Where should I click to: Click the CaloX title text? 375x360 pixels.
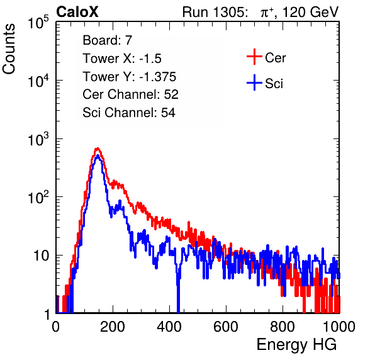pos(77,12)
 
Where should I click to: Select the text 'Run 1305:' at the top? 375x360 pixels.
pos(215,12)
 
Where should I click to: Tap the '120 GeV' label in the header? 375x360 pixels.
pos(311,12)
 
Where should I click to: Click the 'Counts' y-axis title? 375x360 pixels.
pos(9,49)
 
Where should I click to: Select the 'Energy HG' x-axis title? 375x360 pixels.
pos(296,345)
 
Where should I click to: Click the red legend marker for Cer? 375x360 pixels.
pos(254,57)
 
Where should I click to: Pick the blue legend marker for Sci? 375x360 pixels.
pos(254,82)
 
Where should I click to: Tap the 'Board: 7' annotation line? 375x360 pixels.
pos(108,40)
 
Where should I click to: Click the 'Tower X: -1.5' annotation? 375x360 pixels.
pos(122,59)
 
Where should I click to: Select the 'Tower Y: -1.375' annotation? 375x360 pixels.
pos(130,77)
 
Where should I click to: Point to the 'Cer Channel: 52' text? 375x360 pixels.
pos(131,94)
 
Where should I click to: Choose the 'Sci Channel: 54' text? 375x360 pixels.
pos(129,113)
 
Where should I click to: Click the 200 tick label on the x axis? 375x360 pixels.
pos(113,327)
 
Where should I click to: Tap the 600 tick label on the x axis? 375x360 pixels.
pos(226,327)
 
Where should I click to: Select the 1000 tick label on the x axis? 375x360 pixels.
pos(339,327)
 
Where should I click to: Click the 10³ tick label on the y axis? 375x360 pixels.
pos(38,139)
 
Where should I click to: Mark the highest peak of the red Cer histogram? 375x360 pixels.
pos(98,149)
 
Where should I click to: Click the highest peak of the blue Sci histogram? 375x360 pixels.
pos(98,155)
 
